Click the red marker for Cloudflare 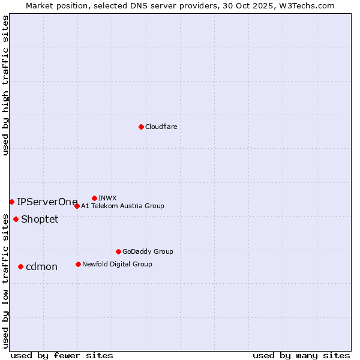click(x=141, y=127)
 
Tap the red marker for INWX click(x=94, y=198)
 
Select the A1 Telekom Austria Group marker click(x=77, y=206)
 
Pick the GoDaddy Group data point click(x=118, y=251)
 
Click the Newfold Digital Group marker click(x=78, y=264)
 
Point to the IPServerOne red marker click(x=11, y=202)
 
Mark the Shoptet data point click(x=16, y=219)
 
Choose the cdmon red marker click(x=20, y=266)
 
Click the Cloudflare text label click(x=161, y=127)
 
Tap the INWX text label click(x=107, y=198)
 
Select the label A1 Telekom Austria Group click(x=122, y=206)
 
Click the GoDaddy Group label click(x=148, y=251)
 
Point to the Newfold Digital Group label click(x=117, y=264)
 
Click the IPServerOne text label click(x=47, y=202)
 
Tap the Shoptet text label click(x=40, y=219)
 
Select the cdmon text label click(x=41, y=266)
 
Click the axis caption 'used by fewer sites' click(x=62, y=355)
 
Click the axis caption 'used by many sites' click(x=301, y=355)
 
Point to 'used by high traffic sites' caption click(x=5, y=86)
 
